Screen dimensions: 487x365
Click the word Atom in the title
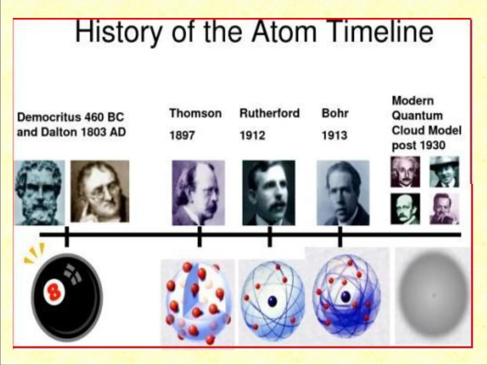tap(284, 32)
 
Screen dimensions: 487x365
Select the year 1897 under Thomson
tap(182, 135)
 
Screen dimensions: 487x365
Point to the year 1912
tap(252, 135)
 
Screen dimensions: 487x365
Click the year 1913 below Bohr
tap(334, 135)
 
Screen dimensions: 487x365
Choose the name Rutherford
tap(270, 113)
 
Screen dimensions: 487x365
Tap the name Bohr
tap(335, 113)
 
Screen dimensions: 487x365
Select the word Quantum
tap(417, 116)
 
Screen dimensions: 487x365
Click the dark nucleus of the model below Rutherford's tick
tap(273, 301)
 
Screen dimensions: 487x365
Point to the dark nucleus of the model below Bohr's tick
tap(345, 296)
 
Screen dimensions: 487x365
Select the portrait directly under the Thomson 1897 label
tap(198, 193)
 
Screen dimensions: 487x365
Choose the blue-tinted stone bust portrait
tap(40, 193)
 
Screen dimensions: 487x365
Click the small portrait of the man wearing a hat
tap(444, 172)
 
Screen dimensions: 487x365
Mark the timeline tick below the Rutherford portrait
tap(270, 236)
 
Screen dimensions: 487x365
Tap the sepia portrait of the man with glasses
tap(100, 191)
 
